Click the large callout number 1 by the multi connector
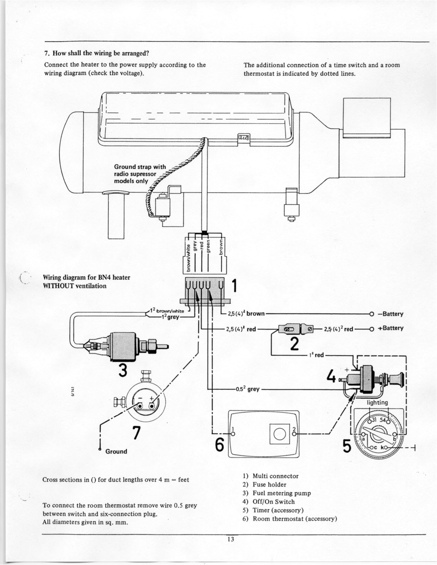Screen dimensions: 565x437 [235, 286]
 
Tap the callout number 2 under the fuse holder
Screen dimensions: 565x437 [293, 344]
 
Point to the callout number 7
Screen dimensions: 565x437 [136, 433]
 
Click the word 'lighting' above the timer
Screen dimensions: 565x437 [377, 402]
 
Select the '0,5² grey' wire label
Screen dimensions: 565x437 [247, 389]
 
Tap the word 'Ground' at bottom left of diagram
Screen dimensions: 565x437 [116, 451]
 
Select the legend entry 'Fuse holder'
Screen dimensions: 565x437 [269, 485]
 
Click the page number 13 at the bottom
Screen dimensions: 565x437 [230, 539]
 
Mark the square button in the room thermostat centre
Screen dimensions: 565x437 [278, 434]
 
